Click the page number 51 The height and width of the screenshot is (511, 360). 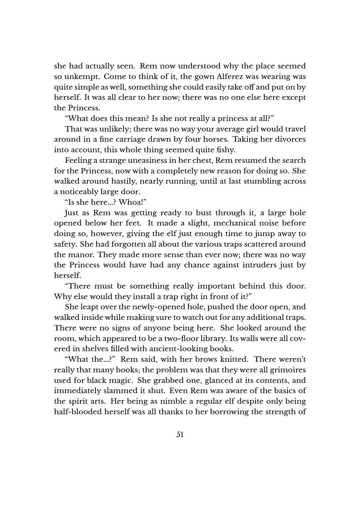[180, 434]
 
